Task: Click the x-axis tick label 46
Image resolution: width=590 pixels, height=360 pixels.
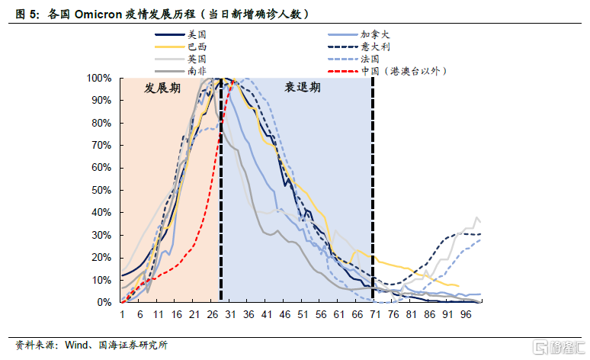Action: (x=285, y=314)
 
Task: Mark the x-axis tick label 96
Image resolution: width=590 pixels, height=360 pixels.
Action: (x=466, y=314)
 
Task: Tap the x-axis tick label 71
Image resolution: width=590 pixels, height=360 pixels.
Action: (x=375, y=314)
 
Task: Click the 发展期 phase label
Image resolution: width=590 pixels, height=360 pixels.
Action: (x=162, y=88)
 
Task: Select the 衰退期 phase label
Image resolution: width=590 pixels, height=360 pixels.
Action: (x=303, y=88)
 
